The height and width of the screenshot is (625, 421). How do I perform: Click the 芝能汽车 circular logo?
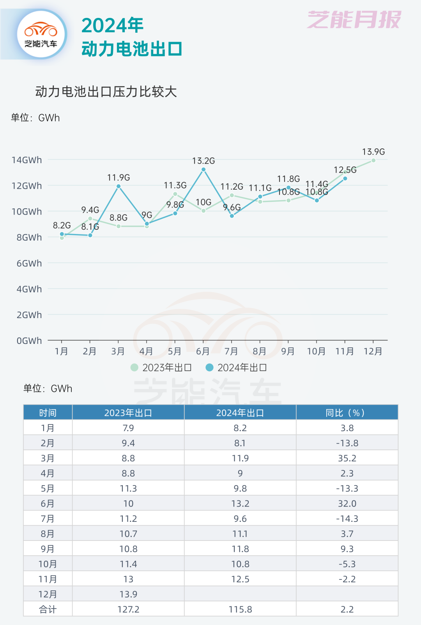(41, 35)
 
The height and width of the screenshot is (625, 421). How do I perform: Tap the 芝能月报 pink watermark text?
(354, 19)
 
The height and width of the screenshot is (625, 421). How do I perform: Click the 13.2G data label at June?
(203, 161)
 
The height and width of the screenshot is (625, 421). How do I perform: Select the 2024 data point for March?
(119, 186)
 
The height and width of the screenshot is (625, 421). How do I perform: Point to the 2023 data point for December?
(373, 160)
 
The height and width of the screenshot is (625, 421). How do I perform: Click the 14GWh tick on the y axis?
(27, 160)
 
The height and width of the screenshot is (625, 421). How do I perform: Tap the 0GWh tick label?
(29, 341)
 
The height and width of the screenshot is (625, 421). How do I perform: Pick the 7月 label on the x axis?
(231, 351)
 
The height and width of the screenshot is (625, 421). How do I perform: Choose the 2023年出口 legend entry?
(161, 368)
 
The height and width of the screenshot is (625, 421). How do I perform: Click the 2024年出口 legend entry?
(236, 368)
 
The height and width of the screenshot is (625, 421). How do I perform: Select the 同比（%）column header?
(347, 413)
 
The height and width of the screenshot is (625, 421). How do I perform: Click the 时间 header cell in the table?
(48, 413)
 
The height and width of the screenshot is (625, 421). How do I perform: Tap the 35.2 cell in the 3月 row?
(347, 458)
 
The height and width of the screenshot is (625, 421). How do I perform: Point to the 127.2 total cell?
(128, 609)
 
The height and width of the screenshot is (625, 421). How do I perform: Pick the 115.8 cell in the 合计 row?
(240, 609)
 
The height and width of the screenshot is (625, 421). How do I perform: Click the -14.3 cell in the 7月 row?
(347, 519)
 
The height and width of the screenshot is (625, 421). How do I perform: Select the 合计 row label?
(48, 609)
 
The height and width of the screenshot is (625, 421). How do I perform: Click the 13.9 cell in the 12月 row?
(128, 594)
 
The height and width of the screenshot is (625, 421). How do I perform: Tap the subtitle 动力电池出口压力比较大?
(106, 92)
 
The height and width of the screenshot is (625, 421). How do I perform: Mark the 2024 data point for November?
(345, 179)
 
